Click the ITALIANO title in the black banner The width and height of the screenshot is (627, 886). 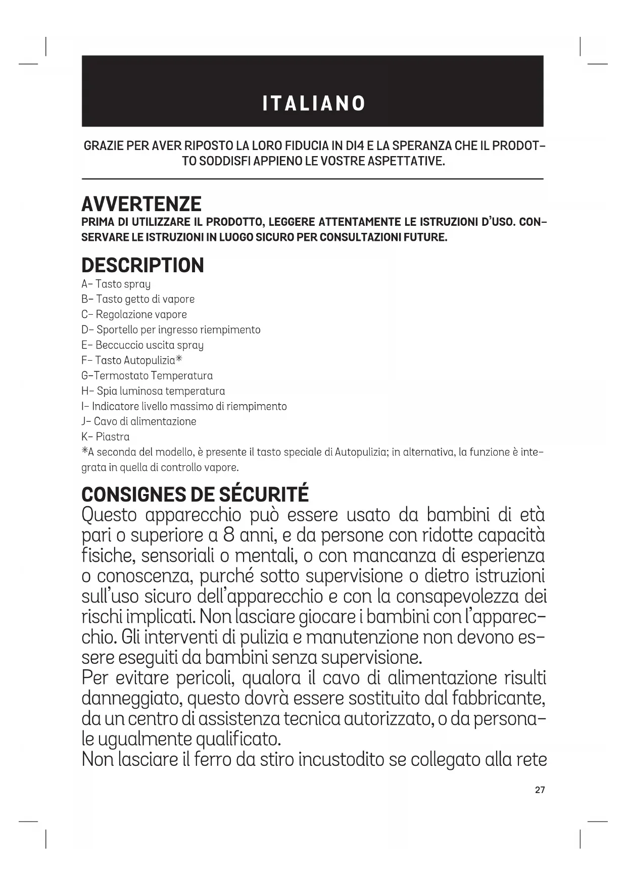(x=314, y=104)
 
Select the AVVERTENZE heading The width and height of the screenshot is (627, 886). (x=141, y=204)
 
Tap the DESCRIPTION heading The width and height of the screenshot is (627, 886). (x=142, y=265)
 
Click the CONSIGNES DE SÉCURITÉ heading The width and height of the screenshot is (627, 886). (x=195, y=495)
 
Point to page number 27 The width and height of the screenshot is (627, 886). (x=540, y=790)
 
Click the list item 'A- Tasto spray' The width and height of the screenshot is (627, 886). (x=116, y=284)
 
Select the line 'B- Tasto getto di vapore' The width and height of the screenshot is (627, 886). (x=137, y=300)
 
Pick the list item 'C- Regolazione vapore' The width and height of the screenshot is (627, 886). (x=134, y=315)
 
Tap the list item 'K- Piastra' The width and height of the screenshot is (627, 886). (x=105, y=437)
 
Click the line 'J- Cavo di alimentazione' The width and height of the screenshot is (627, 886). (x=138, y=422)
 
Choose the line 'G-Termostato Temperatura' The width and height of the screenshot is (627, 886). (x=147, y=376)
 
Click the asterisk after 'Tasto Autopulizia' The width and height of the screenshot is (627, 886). (x=178, y=360)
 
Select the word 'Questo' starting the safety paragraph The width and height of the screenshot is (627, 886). (x=109, y=515)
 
